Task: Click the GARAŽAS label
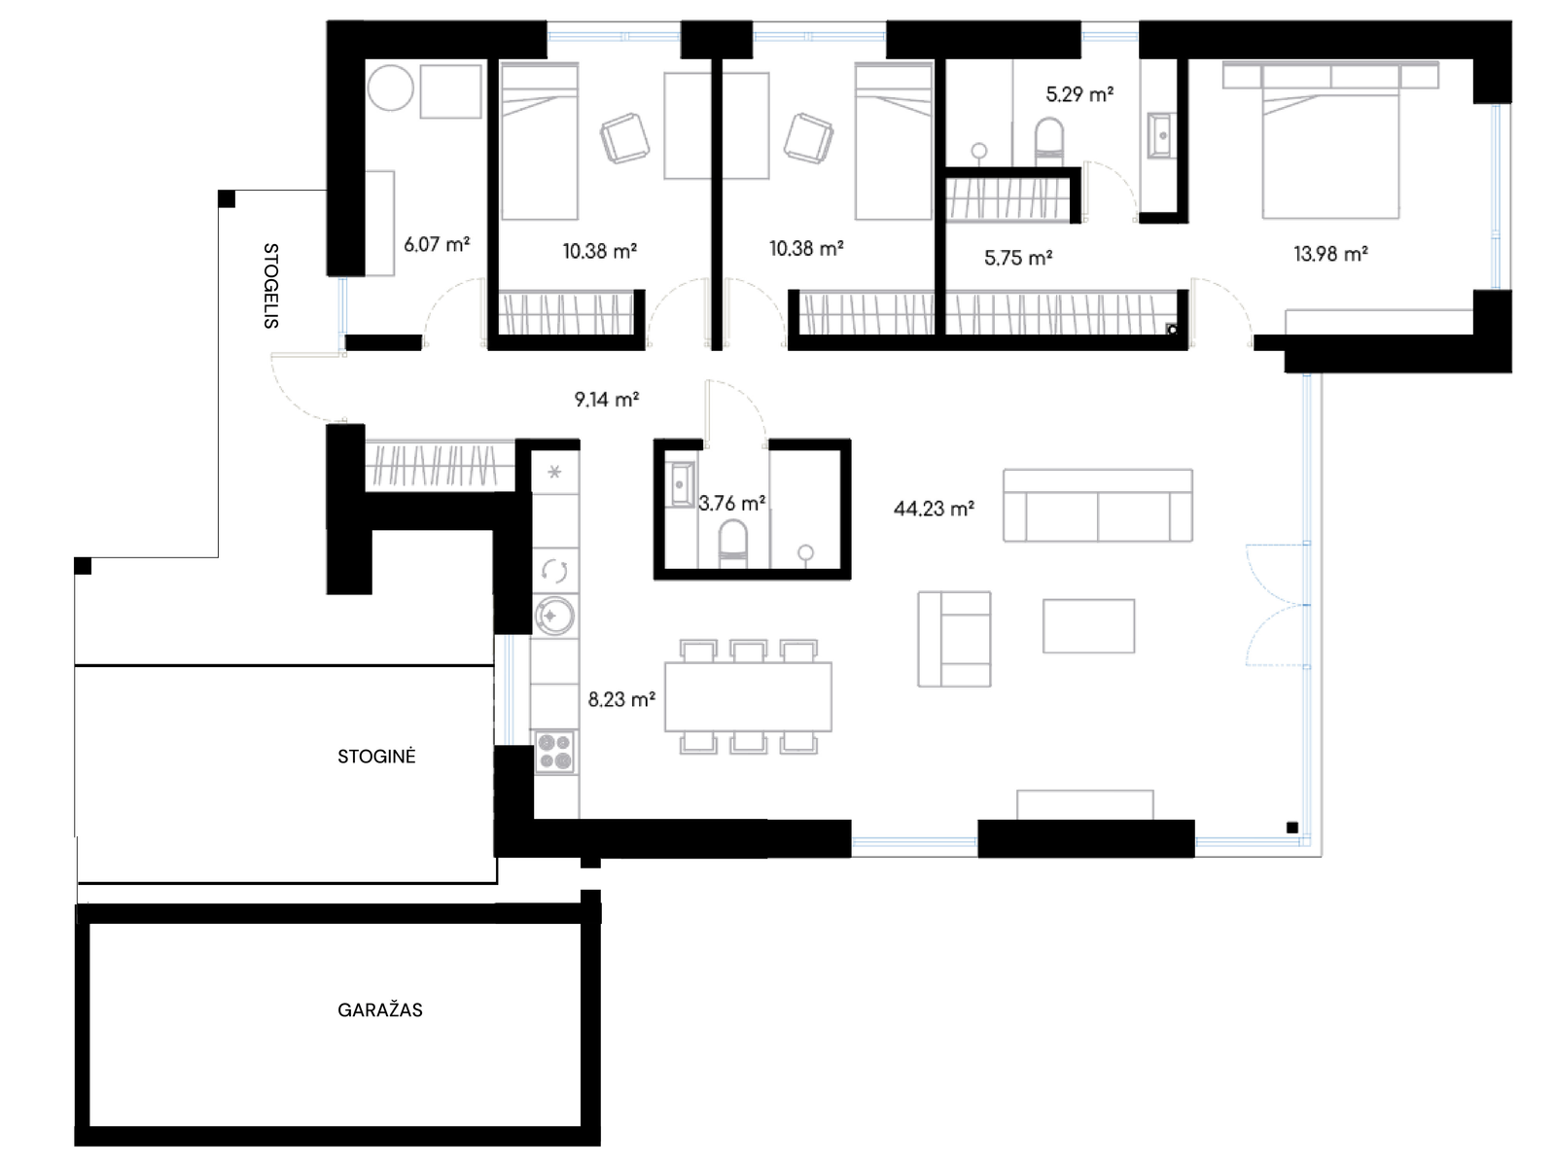380,1009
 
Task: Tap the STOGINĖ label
376,756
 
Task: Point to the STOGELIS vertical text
270,286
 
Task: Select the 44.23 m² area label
934,508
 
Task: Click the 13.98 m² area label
1330,254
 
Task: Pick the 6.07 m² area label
437,244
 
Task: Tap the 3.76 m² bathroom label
732,503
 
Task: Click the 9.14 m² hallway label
607,400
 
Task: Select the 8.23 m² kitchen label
621,699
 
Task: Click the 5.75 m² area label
1018,258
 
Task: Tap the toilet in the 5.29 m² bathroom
1050,142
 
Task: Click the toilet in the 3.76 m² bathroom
733,545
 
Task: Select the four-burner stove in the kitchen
554,751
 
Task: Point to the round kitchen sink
554,615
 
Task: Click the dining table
748,696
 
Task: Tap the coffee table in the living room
1088,625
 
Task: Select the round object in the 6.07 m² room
390,88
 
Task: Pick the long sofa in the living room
1097,505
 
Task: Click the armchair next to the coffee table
954,639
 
